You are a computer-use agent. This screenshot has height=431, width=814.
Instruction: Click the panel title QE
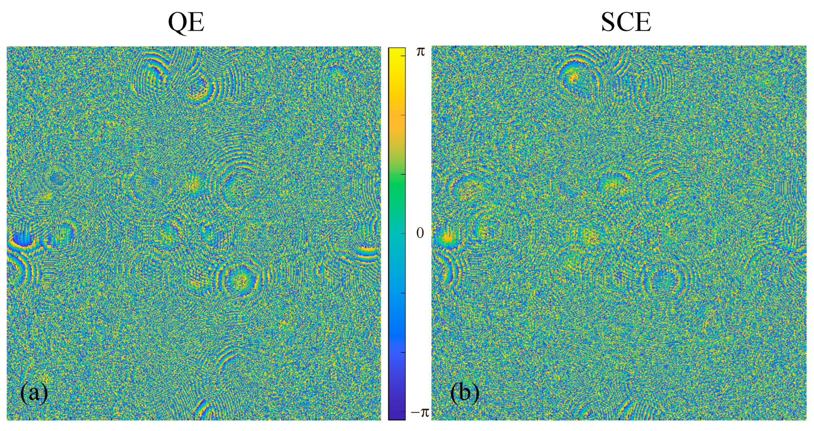coord(186,22)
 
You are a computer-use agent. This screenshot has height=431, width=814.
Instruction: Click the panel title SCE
coord(626,22)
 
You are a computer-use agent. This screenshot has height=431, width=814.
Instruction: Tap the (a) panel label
coord(34,393)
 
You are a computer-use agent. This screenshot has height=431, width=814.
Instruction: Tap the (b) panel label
coord(464,393)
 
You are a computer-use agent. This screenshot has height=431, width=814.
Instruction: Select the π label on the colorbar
coord(421,52)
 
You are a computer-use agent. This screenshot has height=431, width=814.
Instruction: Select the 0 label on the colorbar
coord(420,234)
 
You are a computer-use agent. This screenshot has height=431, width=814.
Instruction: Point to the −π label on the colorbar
coord(419,412)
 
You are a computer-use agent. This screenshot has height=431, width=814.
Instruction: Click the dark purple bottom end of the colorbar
coord(397,416)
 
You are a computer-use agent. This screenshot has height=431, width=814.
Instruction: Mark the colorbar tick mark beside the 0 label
coord(403,234)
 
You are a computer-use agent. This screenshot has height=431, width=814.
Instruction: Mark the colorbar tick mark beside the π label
coord(403,55)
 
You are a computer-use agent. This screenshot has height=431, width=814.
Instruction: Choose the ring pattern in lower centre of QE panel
coord(240,280)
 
